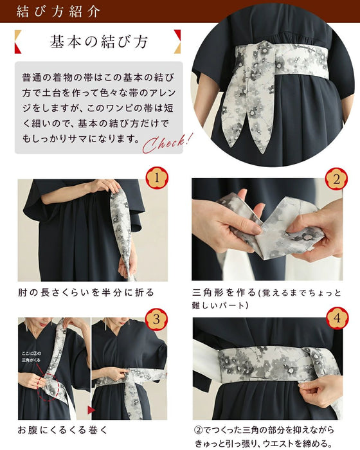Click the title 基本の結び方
point(99,42)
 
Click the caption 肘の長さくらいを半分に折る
point(85,292)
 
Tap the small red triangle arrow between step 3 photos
point(91,409)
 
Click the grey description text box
point(99,107)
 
